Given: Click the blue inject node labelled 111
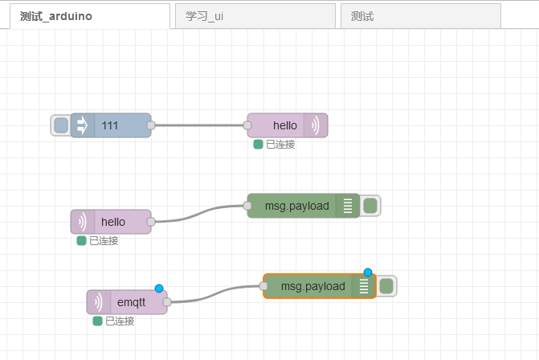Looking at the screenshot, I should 112,125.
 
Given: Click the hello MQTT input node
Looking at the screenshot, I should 112,222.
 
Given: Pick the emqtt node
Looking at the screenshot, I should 129,302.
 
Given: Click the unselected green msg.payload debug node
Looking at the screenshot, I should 297,206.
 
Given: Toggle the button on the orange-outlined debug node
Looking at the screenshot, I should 386,286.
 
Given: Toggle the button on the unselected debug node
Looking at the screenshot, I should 370,206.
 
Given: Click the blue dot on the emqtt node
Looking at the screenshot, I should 159,288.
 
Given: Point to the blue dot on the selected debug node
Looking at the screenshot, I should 368,272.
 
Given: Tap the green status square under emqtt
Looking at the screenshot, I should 97,321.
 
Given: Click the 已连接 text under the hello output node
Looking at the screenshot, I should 280,145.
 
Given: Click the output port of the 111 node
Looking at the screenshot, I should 151,125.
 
